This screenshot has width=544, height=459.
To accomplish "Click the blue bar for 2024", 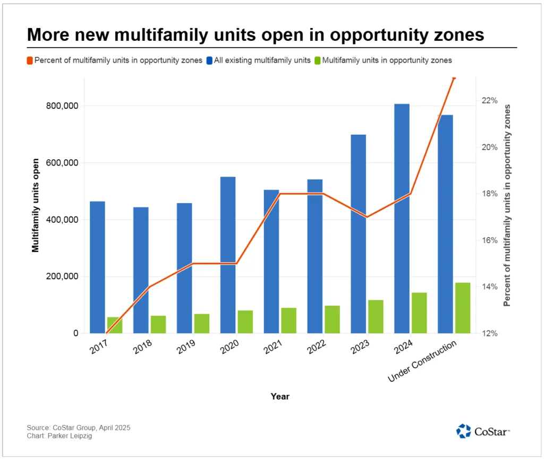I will click(402, 218).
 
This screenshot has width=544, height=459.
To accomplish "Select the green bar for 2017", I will click(114, 325).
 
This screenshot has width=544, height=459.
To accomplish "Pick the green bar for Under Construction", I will click(463, 308).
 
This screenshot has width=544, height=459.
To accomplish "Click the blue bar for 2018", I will click(141, 270).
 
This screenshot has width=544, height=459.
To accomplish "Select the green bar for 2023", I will click(376, 316).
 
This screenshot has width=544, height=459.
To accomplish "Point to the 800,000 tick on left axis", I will click(63, 106).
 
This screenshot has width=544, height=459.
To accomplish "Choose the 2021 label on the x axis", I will click(272, 348).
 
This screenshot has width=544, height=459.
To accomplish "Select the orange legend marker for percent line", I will click(30, 60).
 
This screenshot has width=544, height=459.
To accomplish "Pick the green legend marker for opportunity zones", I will click(318, 60).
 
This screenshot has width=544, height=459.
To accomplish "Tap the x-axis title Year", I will click(280, 396).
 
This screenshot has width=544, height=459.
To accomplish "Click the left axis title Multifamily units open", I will click(36, 205).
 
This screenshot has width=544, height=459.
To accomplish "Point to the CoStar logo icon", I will click(463, 431).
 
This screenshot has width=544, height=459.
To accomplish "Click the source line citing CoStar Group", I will click(78, 427).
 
